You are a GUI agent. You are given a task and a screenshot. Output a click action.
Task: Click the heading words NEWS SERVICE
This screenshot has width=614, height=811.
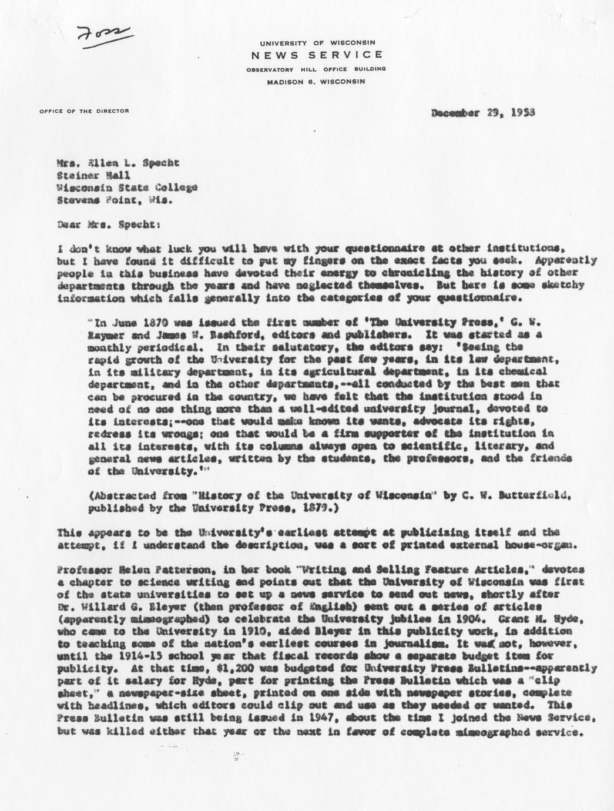pos(317,55)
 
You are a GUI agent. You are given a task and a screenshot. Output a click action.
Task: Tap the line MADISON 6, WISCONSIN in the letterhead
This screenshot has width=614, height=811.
pos(316,82)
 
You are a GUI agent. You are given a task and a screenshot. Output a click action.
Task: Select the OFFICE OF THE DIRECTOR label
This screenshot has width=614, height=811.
pos(84,111)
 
